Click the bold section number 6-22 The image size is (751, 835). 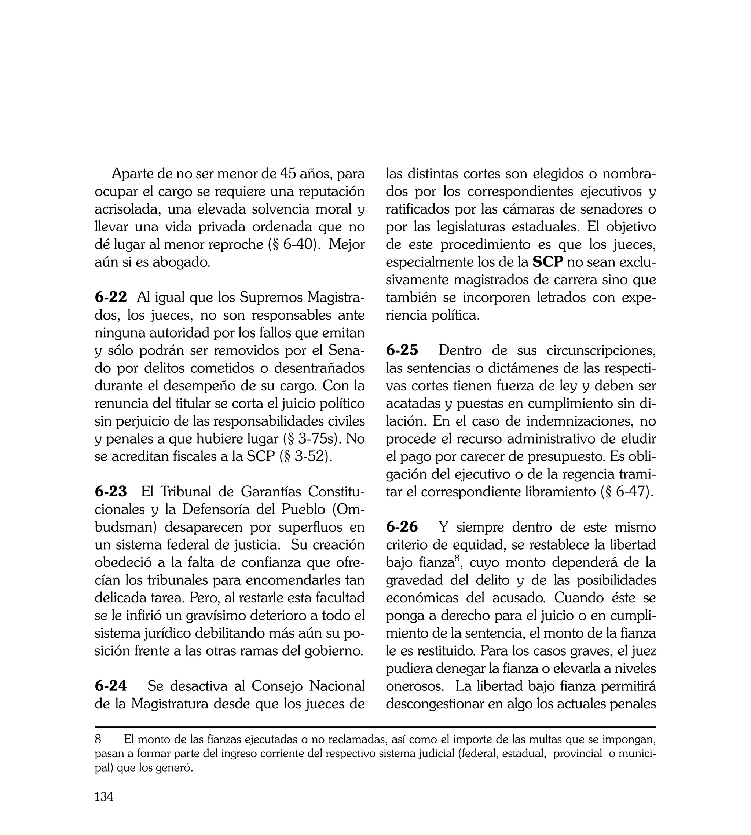(111, 297)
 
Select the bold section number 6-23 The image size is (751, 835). (111, 492)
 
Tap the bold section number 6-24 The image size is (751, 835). (111, 686)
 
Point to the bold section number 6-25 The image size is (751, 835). (402, 350)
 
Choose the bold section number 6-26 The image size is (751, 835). (402, 527)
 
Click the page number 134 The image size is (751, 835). (104, 808)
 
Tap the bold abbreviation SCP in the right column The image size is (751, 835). (548, 262)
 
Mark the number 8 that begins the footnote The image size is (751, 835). (98, 739)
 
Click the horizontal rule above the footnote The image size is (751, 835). (375, 727)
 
